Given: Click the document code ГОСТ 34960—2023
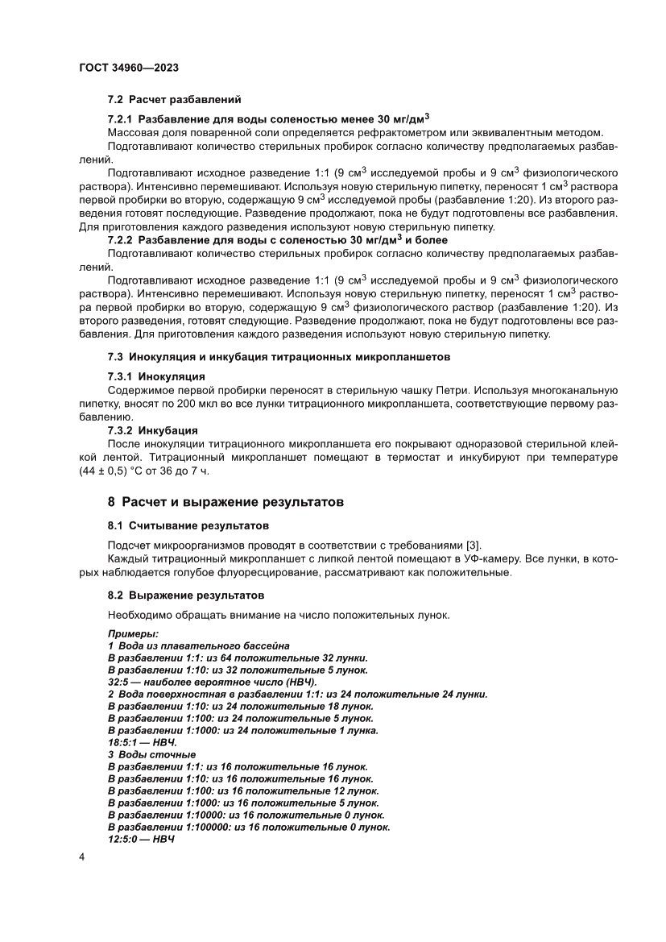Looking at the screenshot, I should pos(129,69).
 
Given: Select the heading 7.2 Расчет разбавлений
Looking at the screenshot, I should pos(174,100).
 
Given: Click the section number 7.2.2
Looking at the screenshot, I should pos(121,240).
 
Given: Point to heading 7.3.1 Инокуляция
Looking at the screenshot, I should pos(156,376).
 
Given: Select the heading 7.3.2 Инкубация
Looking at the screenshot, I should pos(152,430).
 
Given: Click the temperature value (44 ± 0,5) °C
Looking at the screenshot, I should pos(126,471).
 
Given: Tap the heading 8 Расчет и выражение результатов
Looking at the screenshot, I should pos(225,502).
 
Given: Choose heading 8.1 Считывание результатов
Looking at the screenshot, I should pos(188,526).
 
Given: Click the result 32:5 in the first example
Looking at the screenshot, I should pos(119,682).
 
